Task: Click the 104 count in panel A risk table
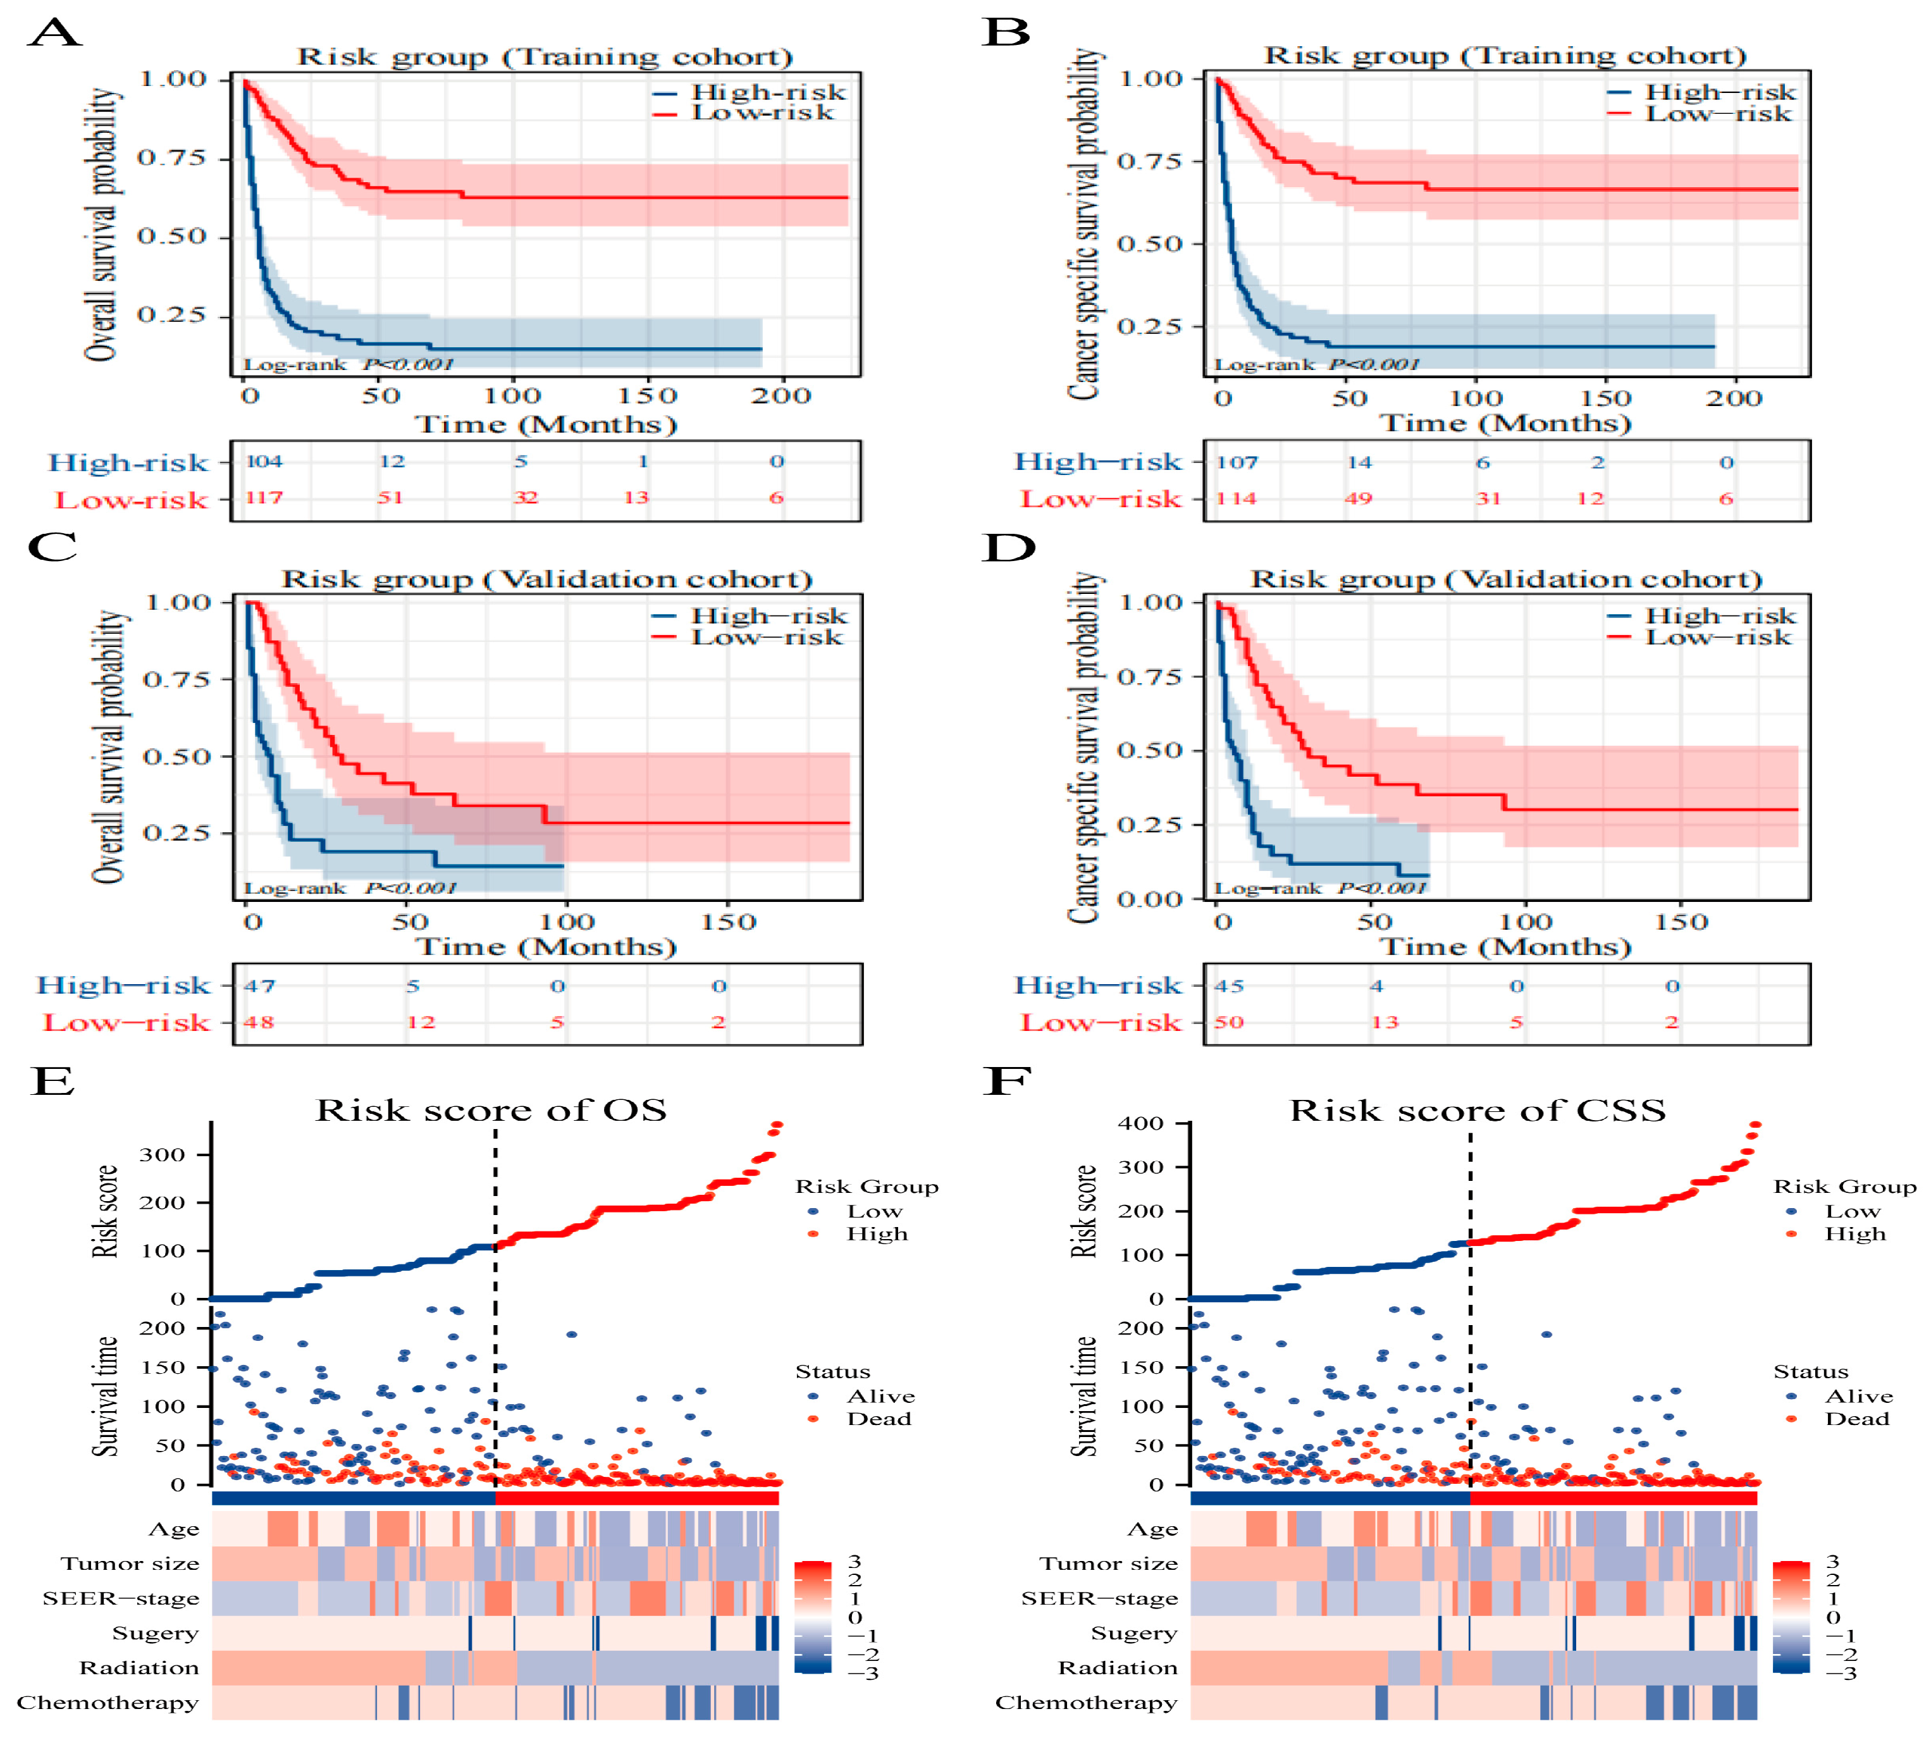[x=264, y=462]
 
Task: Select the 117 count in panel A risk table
[x=264, y=498]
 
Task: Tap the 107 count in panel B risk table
[x=1236, y=463]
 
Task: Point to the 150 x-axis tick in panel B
[x=1605, y=398]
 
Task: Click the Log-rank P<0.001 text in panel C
[x=350, y=888]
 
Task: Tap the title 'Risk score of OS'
[x=491, y=1110]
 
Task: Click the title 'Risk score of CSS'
[x=1477, y=1111]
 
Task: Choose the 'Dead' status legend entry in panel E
[x=877, y=1419]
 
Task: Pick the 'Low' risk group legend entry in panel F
[x=1852, y=1211]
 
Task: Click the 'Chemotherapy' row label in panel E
[x=108, y=1703]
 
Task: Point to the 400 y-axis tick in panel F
[x=1140, y=1123]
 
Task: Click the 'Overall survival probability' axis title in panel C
[x=108, y=748]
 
